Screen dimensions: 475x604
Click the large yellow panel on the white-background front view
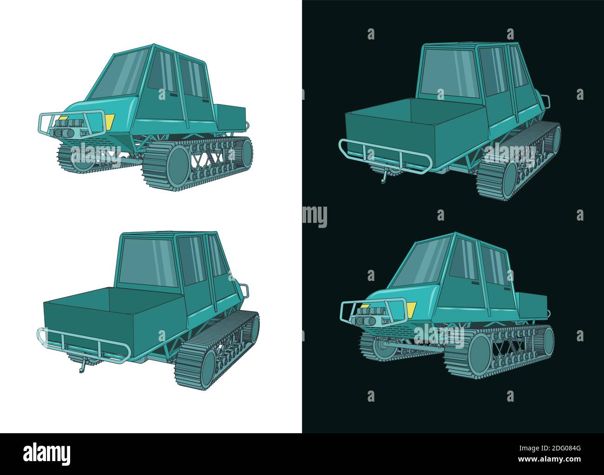point(110,122)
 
